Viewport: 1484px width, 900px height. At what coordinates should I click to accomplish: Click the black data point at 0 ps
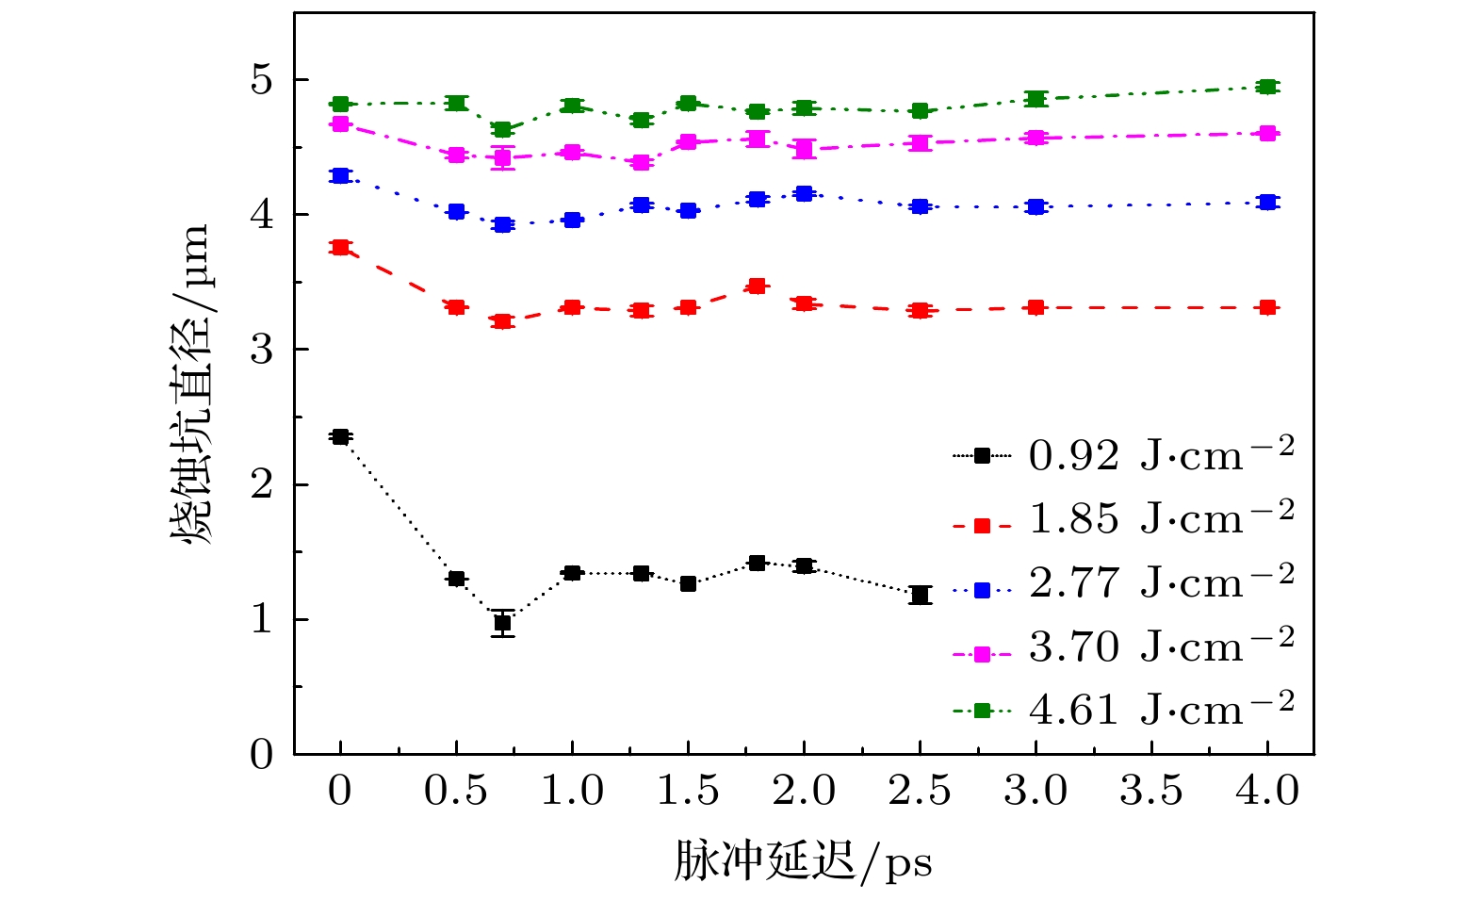(340, 436)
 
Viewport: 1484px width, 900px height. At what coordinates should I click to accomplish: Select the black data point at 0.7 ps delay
(502, 623)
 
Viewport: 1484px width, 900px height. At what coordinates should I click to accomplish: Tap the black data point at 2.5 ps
(920, 595)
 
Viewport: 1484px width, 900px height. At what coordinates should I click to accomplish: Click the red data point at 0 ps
(340, 247)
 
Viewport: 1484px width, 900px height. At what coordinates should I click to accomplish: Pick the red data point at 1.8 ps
(757, 286)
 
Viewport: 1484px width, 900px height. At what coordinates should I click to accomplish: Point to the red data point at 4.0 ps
(1267, 307)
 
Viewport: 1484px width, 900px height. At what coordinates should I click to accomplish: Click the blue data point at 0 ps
(340, 175)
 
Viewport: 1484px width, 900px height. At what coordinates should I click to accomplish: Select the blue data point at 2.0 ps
(804, 194)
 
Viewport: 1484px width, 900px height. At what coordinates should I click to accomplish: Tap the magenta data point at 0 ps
(340, 123)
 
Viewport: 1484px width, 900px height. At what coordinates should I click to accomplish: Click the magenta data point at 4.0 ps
(1267, 133)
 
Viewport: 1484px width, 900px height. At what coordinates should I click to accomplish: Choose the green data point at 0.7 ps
(502, 129)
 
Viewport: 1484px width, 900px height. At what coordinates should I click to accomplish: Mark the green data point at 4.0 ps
(1267, 87)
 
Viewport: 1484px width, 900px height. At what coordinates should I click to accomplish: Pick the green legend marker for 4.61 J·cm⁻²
(982, 711)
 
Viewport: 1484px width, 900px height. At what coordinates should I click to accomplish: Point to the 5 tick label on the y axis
(261, 81)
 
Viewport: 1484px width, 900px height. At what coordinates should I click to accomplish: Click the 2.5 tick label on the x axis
(920, 791)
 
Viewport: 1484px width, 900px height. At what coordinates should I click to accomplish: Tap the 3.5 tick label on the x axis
(1151, 791)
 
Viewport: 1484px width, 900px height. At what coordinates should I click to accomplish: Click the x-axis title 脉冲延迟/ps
(803, 861)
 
